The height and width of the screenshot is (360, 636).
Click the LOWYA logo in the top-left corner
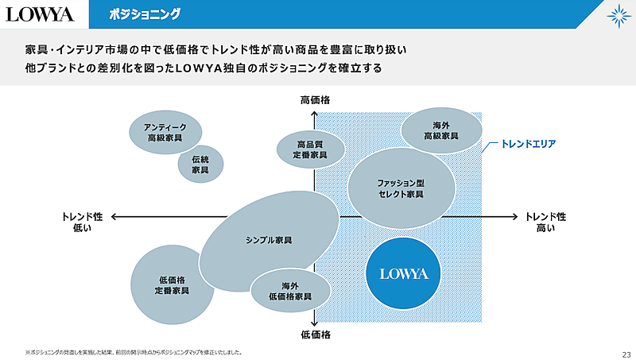click(x=40, y=14)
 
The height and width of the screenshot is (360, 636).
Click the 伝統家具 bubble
click(x=200, y=165)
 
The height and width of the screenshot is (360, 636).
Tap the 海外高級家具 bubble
click(x=441, y=130)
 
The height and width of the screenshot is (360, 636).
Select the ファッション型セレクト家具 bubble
click(x=401, y=188)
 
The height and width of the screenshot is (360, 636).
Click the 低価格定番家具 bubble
click(x=172, y=285)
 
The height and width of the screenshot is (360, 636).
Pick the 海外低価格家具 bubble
click(x=290, y=291)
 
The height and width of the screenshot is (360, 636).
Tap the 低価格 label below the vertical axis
click(x=315, y=335)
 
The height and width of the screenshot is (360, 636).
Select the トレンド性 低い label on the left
click(x=82, y=222)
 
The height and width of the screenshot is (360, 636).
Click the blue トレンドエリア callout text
click(x=528, y=145)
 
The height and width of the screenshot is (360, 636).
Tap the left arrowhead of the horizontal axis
click(x=114, y=216)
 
